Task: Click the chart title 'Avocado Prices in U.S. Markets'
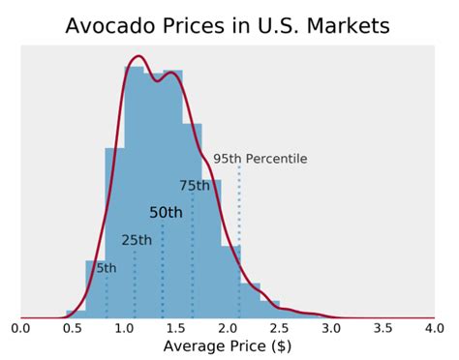[x=228, y=25]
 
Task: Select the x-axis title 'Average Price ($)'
[x=228, y=345]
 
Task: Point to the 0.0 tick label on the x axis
[x=21, y=328]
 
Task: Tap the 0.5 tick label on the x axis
[x=73, y=328]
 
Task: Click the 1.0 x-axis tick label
[x=124, y=328]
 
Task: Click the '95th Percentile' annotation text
[x=260, y=159]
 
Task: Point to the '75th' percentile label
[x=194, y=186]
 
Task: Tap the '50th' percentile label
[x=166, y=213]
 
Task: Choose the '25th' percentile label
[x=137, y=240]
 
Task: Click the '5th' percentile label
[x=106, y=268]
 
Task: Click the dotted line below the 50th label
[x=163, y=271]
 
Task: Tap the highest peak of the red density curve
[x=139, y=56]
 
